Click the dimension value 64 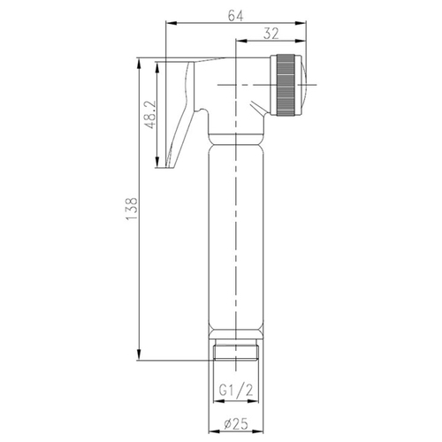pyautogui.click(x=236, y=15)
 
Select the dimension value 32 pyautogui.click(x=271, y=34)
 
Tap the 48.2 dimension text pyautogui.click(x=150, y=114)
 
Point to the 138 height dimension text pyautogui.click(x=132, y=209)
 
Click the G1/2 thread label pyautogui.click(x=236, y=391)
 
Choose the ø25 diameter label pyautogui.click(x=236, y=424)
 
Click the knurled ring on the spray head pyautogui.click(x=286, y=85)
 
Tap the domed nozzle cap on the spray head pyautogui.click(x=304, y=85)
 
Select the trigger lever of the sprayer pyautogui.click(x=180, y=115)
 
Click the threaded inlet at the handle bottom pyautogui.click(x=236, y=352)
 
